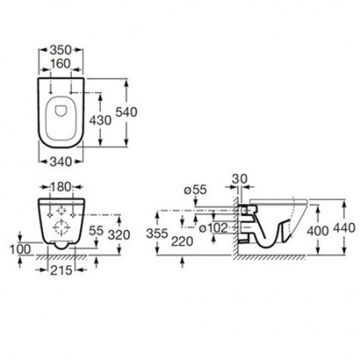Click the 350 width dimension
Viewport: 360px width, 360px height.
click(61, 50)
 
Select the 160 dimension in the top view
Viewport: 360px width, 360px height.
click(61, 64)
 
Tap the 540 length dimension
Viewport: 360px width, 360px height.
click(126, 112)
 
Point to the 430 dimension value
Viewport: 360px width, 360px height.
click(100, 120)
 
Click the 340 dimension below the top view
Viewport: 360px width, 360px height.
click(61, 162)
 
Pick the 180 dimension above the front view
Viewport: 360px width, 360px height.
click(61, 187)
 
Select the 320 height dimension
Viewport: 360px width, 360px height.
click(119, 235)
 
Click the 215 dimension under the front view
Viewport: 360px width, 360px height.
click(62, 270)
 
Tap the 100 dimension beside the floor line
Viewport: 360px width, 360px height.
click(20, 250)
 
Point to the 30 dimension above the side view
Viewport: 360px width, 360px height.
click(240, 178)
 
